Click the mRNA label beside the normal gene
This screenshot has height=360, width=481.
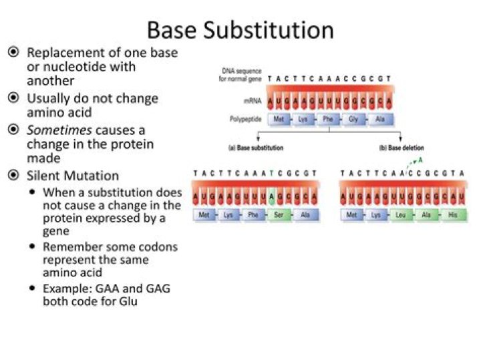pyautogui.click(x=243, y=101)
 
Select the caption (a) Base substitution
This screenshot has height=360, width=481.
pyautogui.click(x=256, y=148)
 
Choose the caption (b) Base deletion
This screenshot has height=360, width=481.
pyautogui.click(x=402, y=148)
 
